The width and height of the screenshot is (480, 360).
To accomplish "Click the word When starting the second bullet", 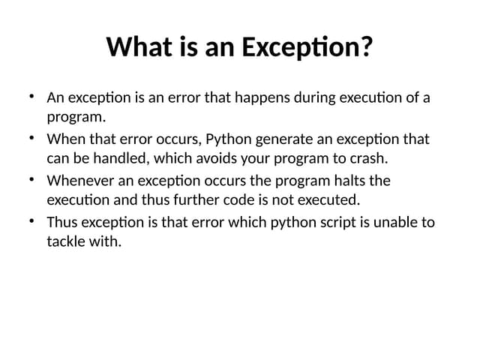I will (x=64, y=139).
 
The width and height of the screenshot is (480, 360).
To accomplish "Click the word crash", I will (x=372, y=159).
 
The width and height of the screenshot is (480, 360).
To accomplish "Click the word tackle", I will (x=65, y=242).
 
